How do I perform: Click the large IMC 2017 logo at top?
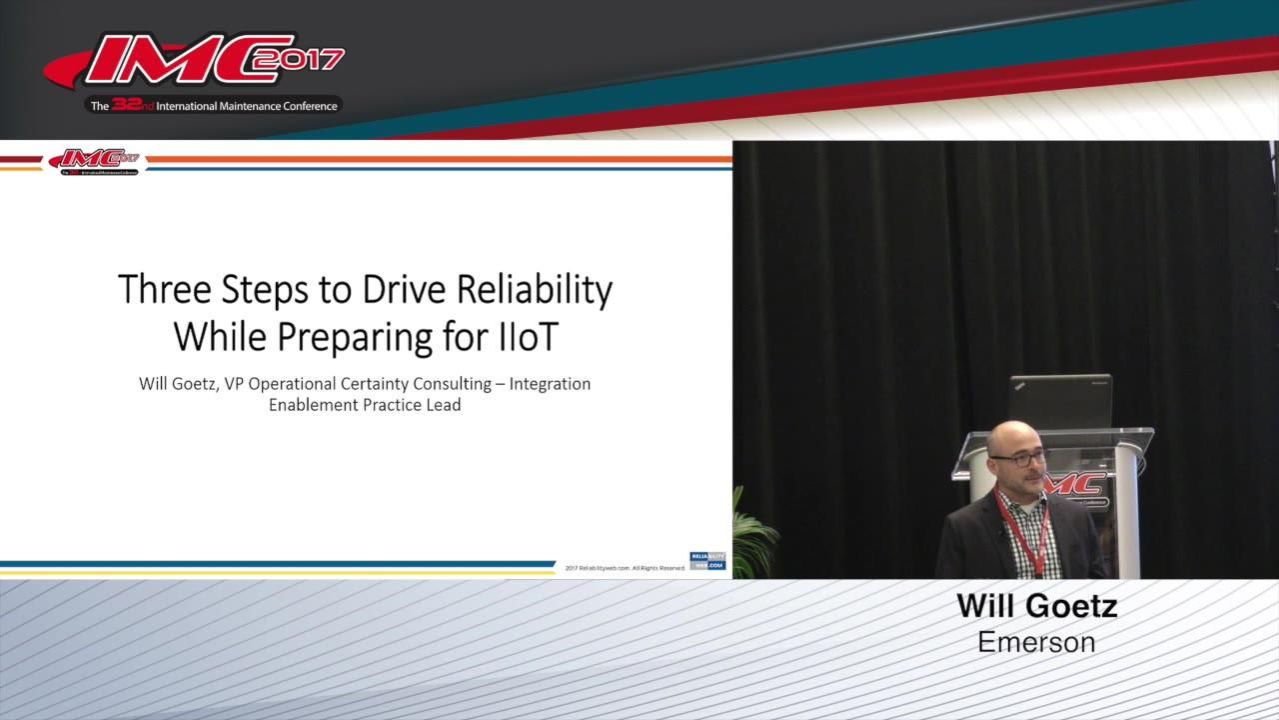point(195,62)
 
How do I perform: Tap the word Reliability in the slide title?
point(535,290)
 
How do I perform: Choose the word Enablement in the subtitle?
point(315,405)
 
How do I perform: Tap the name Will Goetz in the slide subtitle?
point(180,384)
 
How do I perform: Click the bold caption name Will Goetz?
point(1036,606)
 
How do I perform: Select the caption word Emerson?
point(1036,641)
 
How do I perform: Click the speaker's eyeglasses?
point(1018,458)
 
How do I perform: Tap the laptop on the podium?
point(1059,400)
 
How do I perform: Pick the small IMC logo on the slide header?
point(96,160)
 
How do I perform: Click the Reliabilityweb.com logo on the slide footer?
point(707,561)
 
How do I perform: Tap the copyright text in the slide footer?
point(625,568)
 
